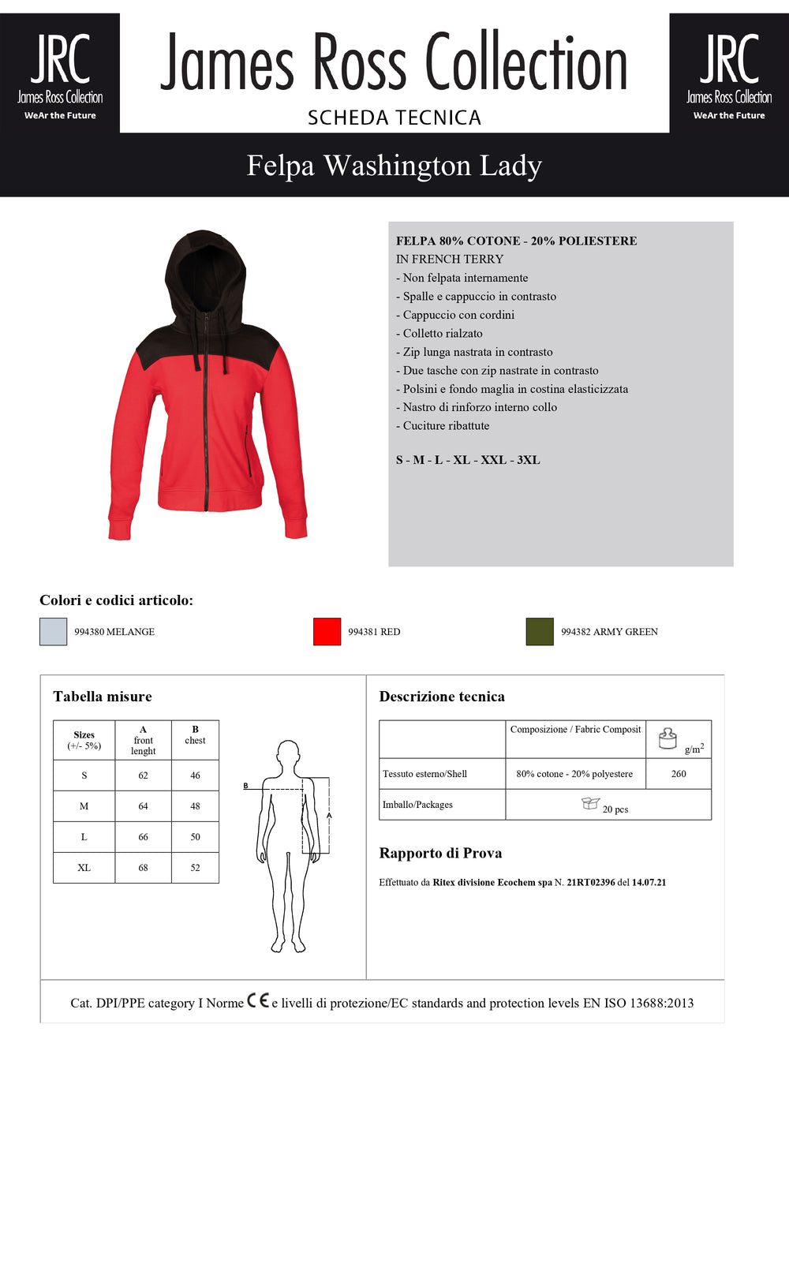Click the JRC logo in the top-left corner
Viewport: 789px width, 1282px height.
click(60, 73)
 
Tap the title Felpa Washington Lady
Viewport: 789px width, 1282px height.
click(394, 166)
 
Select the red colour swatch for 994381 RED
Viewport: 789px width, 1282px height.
click(327, 632)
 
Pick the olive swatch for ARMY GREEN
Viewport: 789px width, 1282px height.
click(540, 632)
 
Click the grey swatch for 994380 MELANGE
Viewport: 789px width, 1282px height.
click(54, 632)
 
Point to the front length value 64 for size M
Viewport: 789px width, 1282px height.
click(143, 806)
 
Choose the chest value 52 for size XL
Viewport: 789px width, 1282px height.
click(195, 868)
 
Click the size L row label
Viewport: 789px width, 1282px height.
click(84, 837)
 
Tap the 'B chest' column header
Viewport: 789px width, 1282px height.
click(195, 735)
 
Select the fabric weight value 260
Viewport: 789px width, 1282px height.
click(679, 774)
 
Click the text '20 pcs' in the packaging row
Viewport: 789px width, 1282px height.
click(615, 809)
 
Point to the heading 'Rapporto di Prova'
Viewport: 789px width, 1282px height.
click(440, 854)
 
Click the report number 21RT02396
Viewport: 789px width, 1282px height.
click(590, 883)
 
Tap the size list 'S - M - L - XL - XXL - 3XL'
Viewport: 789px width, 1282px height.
click(468, 460)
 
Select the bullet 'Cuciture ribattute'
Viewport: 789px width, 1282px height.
click(446, 426)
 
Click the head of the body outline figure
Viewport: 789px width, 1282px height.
click(288, 752)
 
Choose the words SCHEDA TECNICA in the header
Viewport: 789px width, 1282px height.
click(394, 118)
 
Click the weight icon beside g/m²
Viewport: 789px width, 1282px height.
click(667, 738)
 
